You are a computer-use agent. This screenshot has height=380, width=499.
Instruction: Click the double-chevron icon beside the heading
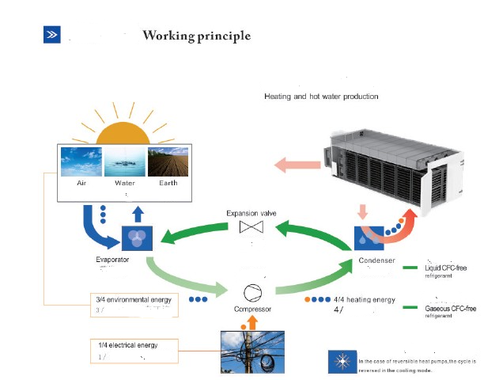point(51,34)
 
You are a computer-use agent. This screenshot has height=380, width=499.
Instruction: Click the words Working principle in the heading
point(196,36)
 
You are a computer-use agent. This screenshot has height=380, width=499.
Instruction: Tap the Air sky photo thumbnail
point(81,161)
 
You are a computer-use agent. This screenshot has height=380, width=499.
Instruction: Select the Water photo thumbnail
point(125,161)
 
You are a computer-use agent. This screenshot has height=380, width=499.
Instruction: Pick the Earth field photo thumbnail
point(168,161)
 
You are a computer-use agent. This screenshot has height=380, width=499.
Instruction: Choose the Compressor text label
point(253,309)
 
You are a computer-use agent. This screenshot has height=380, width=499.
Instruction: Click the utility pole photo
point(252,351)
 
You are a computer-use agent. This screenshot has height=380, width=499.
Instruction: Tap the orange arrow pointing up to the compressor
point(252,321)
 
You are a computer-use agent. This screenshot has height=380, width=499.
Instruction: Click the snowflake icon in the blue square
point(342,361)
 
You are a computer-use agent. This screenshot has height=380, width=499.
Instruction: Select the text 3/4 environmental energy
point(133,299)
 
